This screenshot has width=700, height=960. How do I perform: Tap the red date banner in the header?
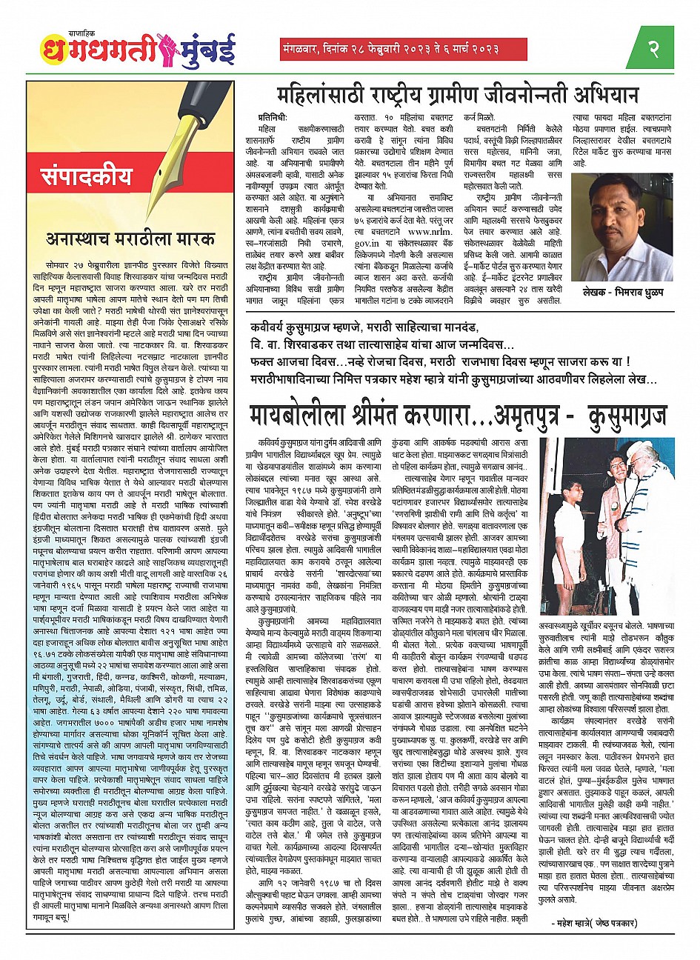(403, 50)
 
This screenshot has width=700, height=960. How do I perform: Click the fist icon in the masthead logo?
(167, 50)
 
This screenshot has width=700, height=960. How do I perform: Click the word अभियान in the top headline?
(604, 96)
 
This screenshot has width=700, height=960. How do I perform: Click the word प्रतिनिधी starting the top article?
(278, 118)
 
